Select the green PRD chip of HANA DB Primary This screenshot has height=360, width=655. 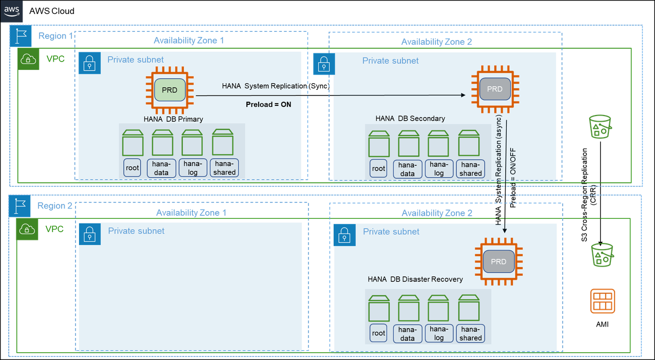tap(169, 90)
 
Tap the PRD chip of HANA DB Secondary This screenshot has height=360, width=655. tap(495, 89)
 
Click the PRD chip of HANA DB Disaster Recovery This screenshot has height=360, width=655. tap(498, 262)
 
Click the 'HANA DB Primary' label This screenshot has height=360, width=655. tap(174, 119)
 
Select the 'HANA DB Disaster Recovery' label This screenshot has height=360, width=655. tap(415, 279)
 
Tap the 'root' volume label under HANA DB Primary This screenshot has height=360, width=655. tap(132, 168)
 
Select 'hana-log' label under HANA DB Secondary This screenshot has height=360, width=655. tap(439, 169)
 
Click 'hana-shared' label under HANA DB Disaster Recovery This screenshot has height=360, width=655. tap(471, 333)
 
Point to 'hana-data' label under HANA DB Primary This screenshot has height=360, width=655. tap(162, 168)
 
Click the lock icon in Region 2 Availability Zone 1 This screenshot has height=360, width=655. tap(89, 234)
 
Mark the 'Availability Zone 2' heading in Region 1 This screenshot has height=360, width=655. tap(436, 42)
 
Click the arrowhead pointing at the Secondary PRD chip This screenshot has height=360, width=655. tap(463, 95)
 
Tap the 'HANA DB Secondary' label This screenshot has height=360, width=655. tap(410, 119)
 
